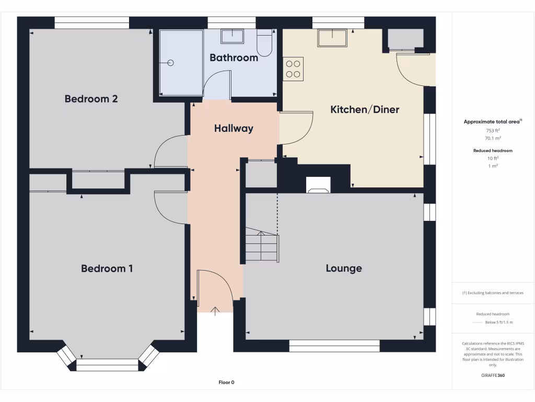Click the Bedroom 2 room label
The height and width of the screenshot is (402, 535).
click(91, 99)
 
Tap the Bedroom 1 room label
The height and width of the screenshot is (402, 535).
click(107, 269)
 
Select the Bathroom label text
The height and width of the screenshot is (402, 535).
click(234, 58)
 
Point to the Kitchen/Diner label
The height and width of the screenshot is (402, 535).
click(365, 109)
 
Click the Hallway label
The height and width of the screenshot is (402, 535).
click(234, 128)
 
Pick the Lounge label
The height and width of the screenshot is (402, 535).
click(344, 269)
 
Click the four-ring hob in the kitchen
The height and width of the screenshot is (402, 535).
click(293, 69)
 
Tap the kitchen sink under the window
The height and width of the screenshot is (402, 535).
click(332, 38)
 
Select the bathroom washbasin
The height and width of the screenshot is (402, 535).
click(232, 36)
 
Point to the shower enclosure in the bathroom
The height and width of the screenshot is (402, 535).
click(181, 63)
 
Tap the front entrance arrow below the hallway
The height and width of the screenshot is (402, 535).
click(215, 311)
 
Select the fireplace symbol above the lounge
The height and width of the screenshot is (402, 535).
click(318, 184)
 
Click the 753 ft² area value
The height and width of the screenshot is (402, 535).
click(493, 130)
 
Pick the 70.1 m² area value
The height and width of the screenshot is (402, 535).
click(493, 138)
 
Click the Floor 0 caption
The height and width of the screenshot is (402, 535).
click(226, 383)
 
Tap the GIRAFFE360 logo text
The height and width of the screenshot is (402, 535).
click(493, 375)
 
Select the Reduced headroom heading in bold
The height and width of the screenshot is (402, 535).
click(493, 151)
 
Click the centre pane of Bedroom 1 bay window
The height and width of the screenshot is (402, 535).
click(108, 365)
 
